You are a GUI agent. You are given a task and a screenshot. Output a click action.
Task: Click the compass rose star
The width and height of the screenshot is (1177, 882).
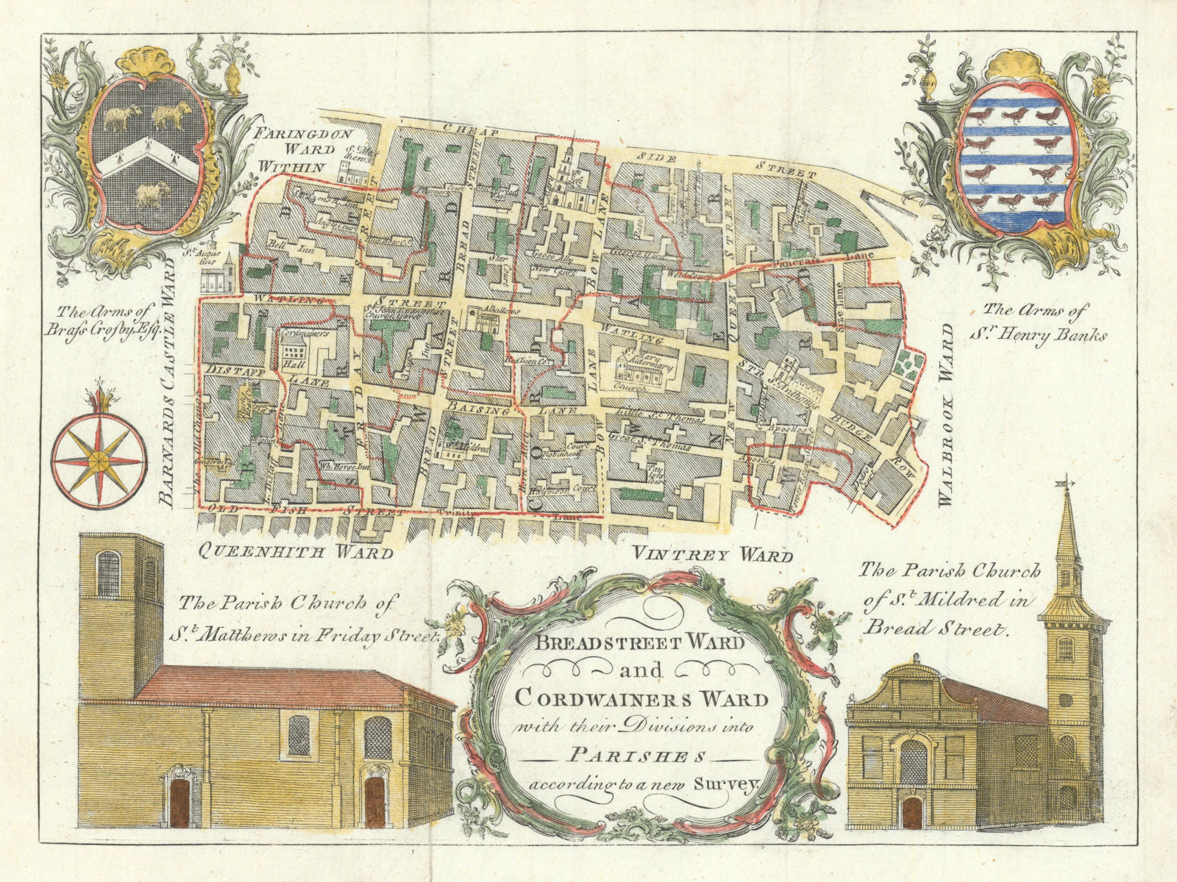point(98,462)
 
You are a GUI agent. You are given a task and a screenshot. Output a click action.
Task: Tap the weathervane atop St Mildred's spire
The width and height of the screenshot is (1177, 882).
point(1064,484)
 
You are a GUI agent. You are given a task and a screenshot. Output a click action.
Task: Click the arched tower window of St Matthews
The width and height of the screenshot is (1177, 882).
point(108,574)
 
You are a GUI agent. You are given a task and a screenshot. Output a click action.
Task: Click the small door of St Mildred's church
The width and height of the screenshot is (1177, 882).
point(912,812)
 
